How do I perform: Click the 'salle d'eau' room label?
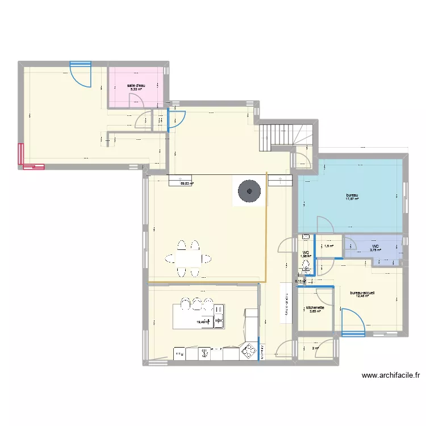pos(137,85)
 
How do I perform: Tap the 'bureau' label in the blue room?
pos(353,195)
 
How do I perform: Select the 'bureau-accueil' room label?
pos(363,290)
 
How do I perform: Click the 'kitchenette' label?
pos(315,307)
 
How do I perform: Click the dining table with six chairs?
pos(188,259)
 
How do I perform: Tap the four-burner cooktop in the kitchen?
pos(249,352)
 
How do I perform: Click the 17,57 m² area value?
pos(353,199)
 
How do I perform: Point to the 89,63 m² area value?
pos(187,183)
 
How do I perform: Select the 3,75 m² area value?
pos(375,250)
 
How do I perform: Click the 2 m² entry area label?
pos(315,348)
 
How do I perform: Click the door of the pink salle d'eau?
pos(136,100)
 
